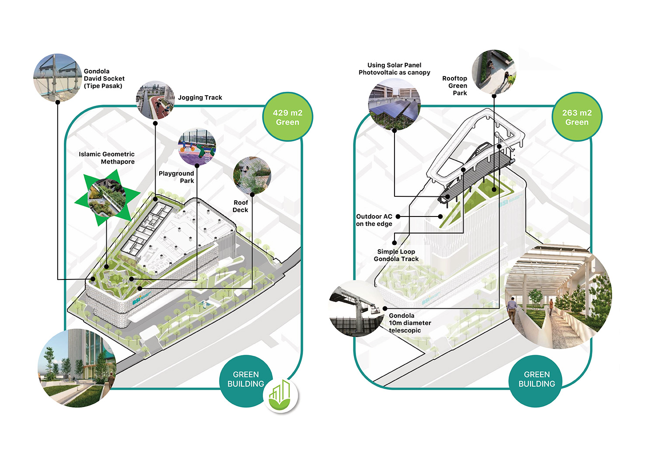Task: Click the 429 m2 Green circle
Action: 287,117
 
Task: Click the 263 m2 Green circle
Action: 577,117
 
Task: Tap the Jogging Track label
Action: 200,98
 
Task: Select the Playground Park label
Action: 177,177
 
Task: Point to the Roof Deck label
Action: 241,206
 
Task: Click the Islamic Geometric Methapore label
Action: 107,158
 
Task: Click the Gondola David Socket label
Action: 104,79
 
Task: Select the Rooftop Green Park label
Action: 455,86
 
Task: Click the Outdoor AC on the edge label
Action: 374,220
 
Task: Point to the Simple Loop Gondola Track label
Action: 396,255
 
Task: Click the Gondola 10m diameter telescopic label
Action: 410,323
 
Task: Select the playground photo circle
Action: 197,147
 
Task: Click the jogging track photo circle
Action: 155,100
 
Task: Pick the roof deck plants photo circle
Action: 252,176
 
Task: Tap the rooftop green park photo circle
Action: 494,72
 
